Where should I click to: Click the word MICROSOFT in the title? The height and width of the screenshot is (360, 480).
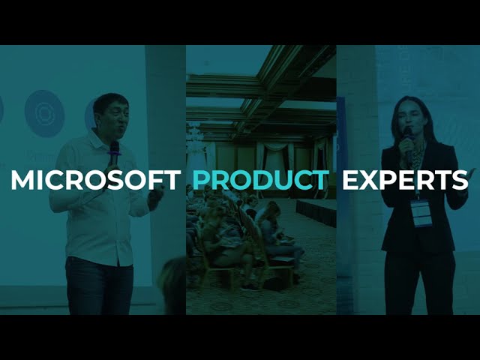(x=96, y=180)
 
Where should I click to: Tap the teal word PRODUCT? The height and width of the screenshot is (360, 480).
(x=261, y=180)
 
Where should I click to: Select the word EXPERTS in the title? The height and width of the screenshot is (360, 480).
(x=405, y=180)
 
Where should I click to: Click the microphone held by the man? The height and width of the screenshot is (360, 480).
(x=114, y=154)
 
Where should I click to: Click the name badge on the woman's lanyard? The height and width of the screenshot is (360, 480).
(x=421, y=213)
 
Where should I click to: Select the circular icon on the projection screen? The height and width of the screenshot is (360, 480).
(x=44, y=113)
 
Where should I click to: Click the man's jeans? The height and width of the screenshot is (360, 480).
(x=100, y=286)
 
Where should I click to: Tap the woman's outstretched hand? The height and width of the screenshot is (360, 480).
(x=470, y=174)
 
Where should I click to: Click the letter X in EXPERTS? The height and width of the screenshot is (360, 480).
(x=370, y=180)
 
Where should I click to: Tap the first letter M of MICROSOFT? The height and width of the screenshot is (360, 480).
(x=22, y=180)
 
